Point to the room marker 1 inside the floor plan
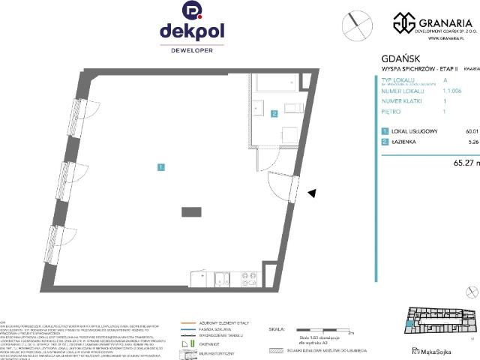(161, 166)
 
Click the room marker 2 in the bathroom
(274, 114)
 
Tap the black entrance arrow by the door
(313, 193)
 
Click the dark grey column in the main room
(191, 213)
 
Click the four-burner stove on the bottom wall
(247, 280)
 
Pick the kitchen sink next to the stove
(223, 280)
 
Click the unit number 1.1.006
(454, 90)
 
